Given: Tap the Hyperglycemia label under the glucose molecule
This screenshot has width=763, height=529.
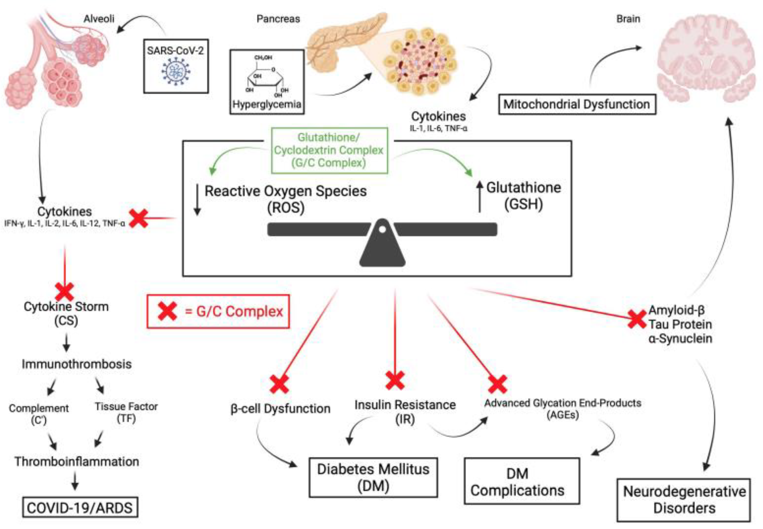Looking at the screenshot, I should (267, 104).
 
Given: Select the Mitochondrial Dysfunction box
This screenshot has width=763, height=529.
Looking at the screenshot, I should (577, 104).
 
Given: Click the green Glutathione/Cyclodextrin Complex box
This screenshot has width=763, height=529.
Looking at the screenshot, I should (329, 150).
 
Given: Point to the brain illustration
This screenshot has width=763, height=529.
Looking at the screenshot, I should (706, 60).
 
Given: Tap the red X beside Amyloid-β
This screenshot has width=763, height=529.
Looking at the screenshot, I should (637, 319).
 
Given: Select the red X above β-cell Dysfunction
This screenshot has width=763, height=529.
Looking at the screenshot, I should (279, 384).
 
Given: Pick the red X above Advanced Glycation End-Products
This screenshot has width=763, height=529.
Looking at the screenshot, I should (497, 384).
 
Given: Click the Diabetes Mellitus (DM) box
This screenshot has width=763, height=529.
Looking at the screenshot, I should (373, 477).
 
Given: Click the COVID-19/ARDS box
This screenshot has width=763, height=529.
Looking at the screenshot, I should (80, 507).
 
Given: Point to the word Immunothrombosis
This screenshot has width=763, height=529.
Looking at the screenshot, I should (76, 364).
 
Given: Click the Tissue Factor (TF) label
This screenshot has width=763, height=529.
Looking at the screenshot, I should (126, 412).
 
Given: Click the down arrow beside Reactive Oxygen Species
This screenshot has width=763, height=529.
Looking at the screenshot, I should (197, 200).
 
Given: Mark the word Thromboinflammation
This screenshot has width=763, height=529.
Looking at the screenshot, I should (76, 461).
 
